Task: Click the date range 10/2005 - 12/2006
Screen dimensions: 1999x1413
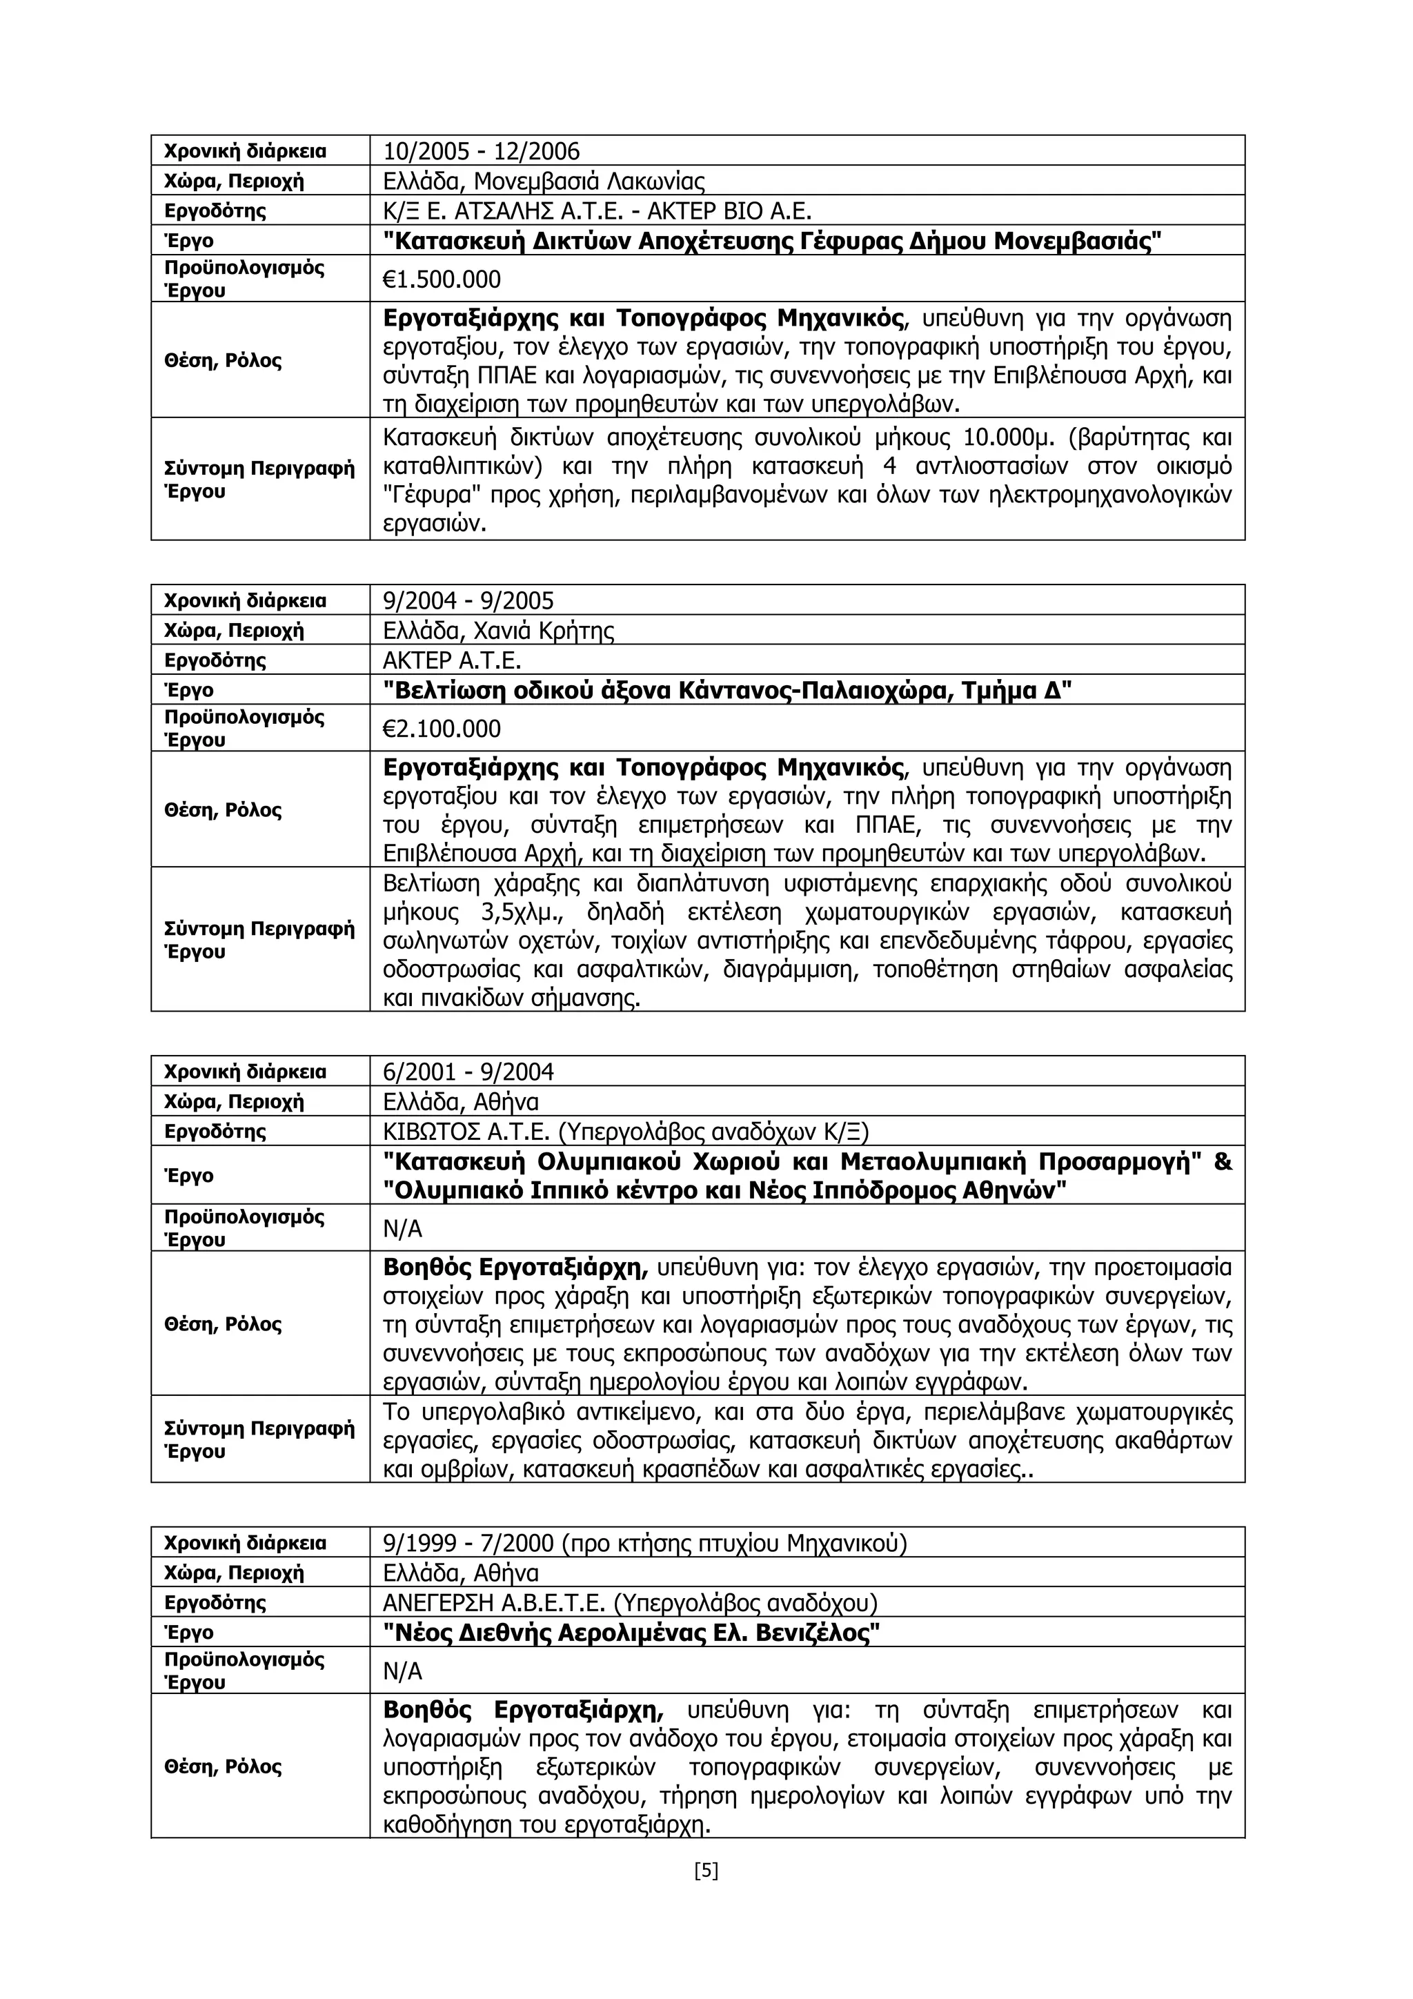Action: (481, 152)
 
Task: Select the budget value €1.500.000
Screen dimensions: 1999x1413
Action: (442, 279)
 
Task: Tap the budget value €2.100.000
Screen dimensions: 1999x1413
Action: (442, 729)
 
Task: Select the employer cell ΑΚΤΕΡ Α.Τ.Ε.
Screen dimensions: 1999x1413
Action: (452, 660)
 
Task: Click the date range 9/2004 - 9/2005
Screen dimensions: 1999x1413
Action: (468, 601)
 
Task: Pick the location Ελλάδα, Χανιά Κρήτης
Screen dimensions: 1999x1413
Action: (498, 631)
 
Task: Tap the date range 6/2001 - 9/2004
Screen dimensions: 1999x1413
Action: (468, 1072)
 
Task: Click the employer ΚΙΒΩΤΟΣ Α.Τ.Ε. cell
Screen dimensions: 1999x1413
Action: (625, 1131)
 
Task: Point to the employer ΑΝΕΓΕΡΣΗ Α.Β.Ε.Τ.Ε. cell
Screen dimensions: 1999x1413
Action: (629, 1603)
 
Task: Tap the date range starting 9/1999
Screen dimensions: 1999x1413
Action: (644, 1544)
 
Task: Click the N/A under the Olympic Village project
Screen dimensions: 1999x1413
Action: (402, 1228)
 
